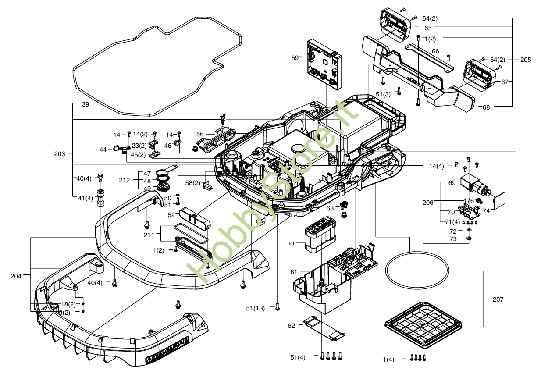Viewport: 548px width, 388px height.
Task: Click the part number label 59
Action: (295, 57)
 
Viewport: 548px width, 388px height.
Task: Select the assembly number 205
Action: (526, 60)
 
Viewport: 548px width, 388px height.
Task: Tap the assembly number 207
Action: (498, 299)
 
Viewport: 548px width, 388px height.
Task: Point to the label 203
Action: (60, 154)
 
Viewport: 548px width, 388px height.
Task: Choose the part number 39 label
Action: (85, 104)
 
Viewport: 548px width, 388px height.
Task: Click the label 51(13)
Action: (256, 308)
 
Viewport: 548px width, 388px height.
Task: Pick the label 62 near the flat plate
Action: (292, 326)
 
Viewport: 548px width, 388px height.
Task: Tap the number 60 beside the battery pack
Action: (292, 243)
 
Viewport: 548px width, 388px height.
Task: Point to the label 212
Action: (125, 180)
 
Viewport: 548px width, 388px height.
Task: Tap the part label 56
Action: (200, 134)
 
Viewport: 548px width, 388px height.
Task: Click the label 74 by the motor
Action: (486, 210)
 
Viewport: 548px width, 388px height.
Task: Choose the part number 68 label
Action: (486, 107)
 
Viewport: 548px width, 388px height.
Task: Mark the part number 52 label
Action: (171, 214)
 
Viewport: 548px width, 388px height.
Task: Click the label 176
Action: (469, 201)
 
